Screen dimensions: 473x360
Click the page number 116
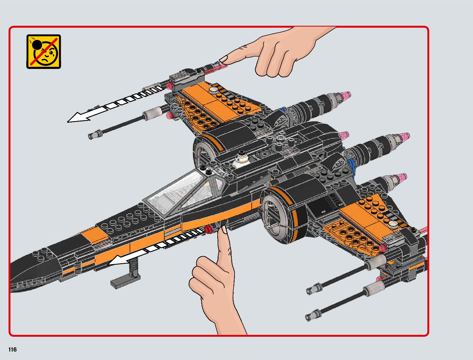13,350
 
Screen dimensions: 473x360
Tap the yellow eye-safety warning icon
44,51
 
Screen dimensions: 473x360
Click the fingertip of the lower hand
224,231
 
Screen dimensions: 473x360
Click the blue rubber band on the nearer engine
351,164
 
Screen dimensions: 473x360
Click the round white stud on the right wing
393,224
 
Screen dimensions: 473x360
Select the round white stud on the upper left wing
214,90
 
